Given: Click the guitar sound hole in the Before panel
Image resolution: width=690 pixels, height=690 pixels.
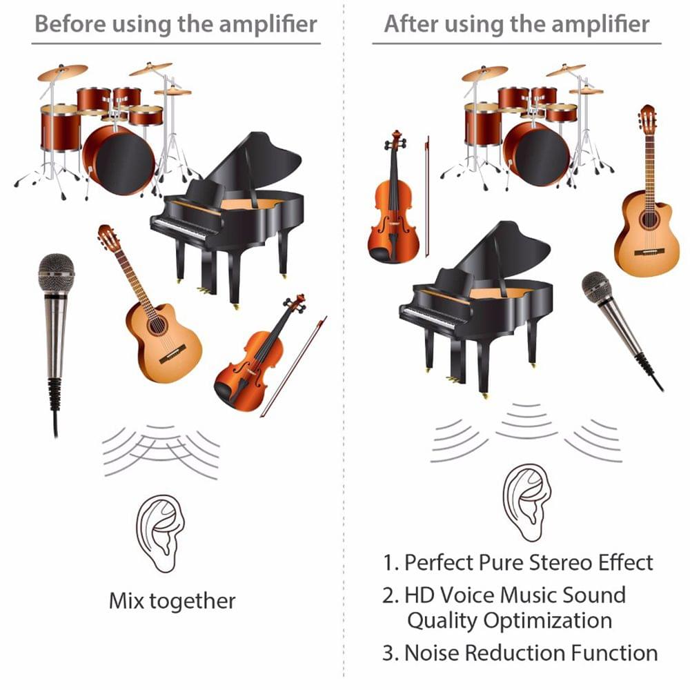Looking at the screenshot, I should coord(157,324).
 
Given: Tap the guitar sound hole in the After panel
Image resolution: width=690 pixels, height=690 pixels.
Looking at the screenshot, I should coord(648,219).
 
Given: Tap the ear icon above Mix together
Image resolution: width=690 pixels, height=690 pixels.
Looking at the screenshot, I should coord(159,532).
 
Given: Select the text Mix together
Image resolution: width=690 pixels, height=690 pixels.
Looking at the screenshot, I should coord(172,600).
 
